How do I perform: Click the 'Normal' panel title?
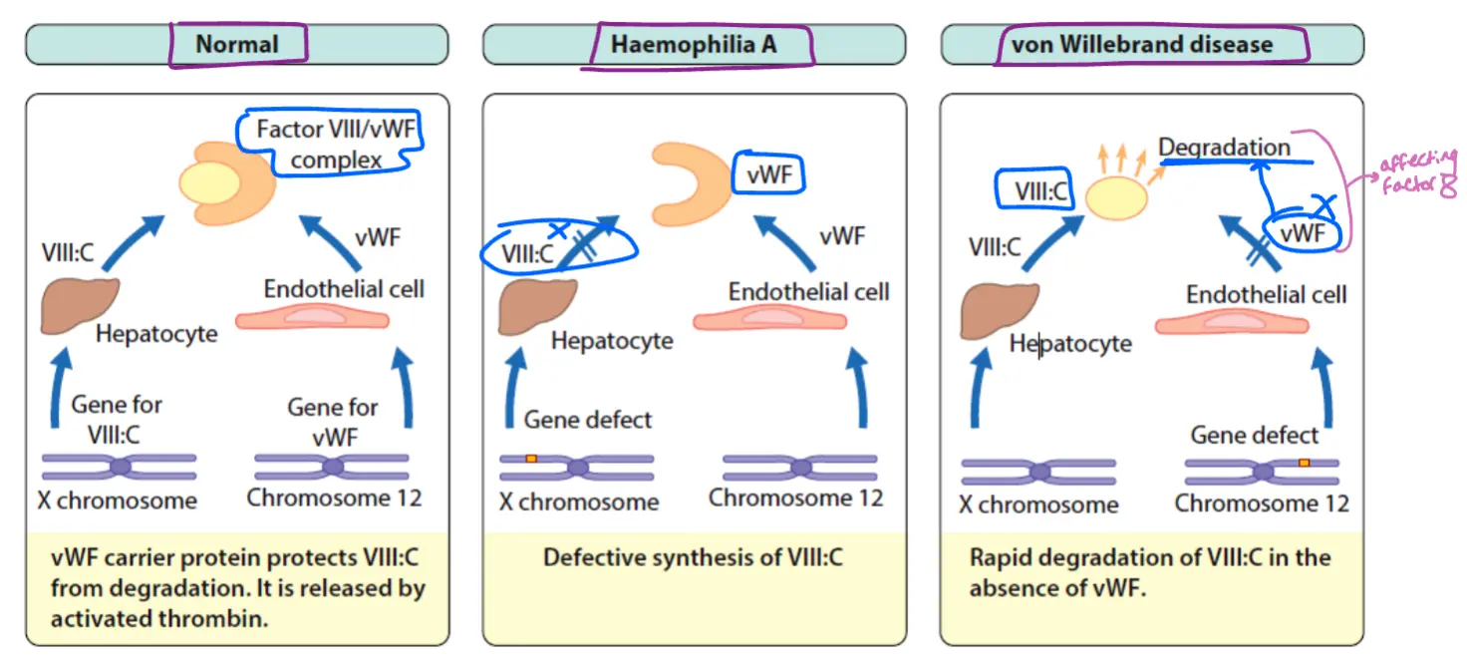tap(236, 45)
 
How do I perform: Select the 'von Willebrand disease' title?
tap(1141, 45)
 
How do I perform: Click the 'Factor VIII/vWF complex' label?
tap(336, 144)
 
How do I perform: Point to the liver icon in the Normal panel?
tap(80, 305)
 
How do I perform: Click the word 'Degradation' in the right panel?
tap(1224, 148)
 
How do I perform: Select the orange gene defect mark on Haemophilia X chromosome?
tap(532, 459)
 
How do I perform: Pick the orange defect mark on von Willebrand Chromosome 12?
tap(1304, 463)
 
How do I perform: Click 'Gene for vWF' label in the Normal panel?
tap(333, 421)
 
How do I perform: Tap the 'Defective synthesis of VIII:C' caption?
tap(693, 557)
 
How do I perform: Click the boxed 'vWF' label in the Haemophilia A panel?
tap(768, 176)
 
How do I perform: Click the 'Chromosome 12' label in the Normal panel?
tap(334, 496)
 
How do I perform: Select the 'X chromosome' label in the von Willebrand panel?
tap(1038, 504)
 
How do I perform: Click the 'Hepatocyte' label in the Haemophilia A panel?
tap(612, 341)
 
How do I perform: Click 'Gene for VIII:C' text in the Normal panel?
tap(116, 418)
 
